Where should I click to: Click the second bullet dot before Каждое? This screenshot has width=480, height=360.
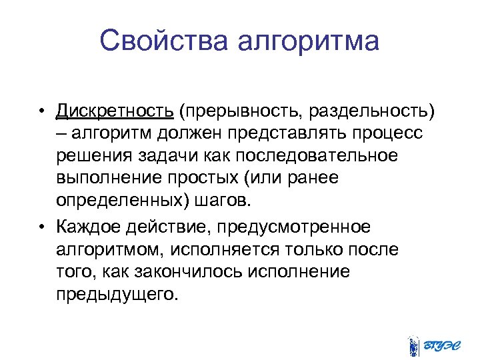click(41, 227)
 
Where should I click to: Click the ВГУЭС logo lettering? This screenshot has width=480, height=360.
click(443, 345)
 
